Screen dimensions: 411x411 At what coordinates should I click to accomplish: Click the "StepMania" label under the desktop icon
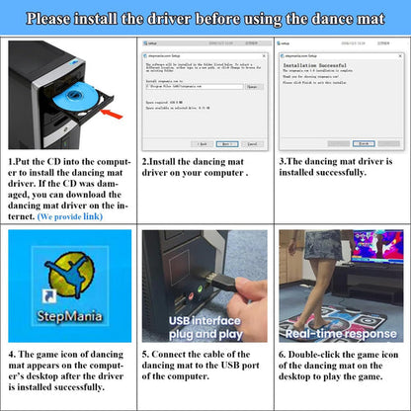pos(67,319)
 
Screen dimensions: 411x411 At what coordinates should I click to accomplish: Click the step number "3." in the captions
pos(283,161)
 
